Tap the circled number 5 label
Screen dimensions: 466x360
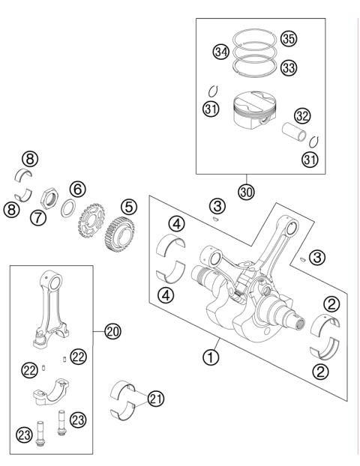(130, 205)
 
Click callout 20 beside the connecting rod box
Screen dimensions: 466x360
(113, 330)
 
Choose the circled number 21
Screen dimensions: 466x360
(155, 399)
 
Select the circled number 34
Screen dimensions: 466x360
(220, 52)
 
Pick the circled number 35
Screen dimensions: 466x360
(289, 38)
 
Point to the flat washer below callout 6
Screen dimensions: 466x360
(67, 208)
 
